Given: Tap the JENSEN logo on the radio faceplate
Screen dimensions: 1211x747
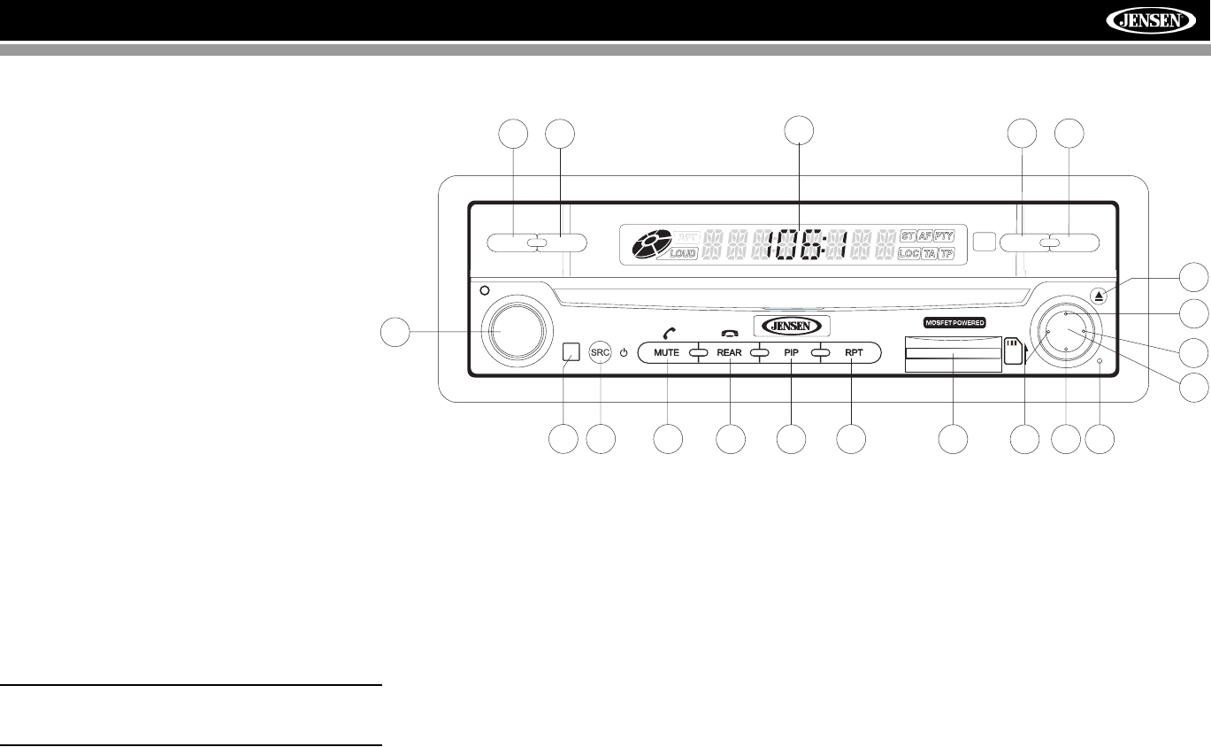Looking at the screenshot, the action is pos(792,325).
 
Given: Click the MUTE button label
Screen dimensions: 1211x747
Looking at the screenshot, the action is pos(666,352).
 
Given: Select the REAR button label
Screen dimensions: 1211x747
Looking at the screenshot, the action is pos(729,352).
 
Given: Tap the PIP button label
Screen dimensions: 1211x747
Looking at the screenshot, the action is pos(792,352).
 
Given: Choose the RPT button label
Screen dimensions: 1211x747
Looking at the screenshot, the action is pos(854,352).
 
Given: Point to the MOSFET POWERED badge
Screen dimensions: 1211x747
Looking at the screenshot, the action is pos(954,323).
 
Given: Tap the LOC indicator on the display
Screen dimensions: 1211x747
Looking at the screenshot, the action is pos(908,254).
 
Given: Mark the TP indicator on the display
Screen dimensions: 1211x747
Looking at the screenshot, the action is pos(947,254).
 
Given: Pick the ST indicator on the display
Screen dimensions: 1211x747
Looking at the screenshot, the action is pos(907,236).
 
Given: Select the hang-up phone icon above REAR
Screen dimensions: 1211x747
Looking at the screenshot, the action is pos(729,334).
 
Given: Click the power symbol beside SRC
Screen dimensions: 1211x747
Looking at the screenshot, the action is pos(624,352).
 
